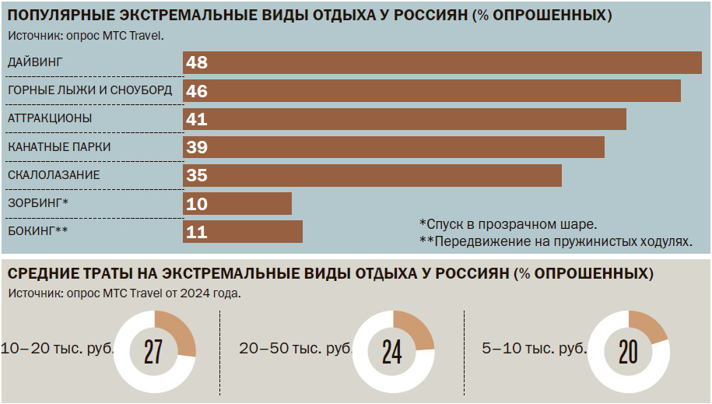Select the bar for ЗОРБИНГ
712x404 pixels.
(237, 204)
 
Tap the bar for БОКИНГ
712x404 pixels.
(243, 232)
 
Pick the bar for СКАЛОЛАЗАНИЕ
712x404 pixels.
(372, 175)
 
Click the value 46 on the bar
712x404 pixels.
(197, 91)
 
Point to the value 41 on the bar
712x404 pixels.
(197, 119)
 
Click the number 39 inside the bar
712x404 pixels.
(197, 147)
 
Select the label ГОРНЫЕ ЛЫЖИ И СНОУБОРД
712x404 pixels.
(89, 90)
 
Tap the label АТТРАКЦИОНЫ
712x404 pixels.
(50, 118)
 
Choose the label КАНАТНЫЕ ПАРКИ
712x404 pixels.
(59, 146)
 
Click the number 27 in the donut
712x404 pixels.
(153, 353)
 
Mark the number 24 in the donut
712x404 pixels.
(391, 353)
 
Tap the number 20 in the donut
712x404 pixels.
(627, 353)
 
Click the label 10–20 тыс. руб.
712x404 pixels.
(58, 350)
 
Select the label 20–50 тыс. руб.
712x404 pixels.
(296, 350)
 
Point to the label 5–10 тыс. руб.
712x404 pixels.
(534, 350)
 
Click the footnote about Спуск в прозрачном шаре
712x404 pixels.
(507, 223)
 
